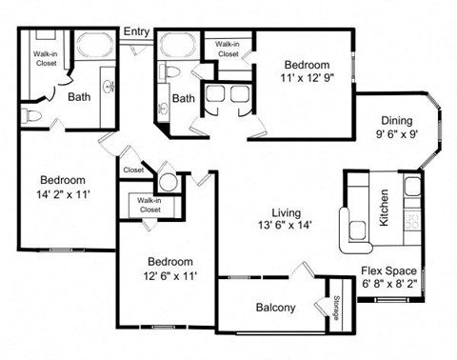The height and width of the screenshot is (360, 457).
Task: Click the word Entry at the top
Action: [x=135, y=32]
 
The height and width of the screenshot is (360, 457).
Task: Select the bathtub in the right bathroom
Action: [x=177, y=46]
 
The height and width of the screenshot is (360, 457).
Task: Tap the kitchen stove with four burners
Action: [x=412, y=220]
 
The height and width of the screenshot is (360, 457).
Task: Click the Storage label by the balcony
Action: [x=338, y=307]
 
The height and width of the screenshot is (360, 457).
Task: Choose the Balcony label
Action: [x=276, y=308]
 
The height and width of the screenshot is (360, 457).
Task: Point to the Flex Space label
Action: [x=388, y=271]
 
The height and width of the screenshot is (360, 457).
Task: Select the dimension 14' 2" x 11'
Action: [x=63, y=194]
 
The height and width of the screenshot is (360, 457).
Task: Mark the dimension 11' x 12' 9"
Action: [x=307, y=80]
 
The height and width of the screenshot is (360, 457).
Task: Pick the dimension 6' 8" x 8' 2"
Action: [x=388, y=285]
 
